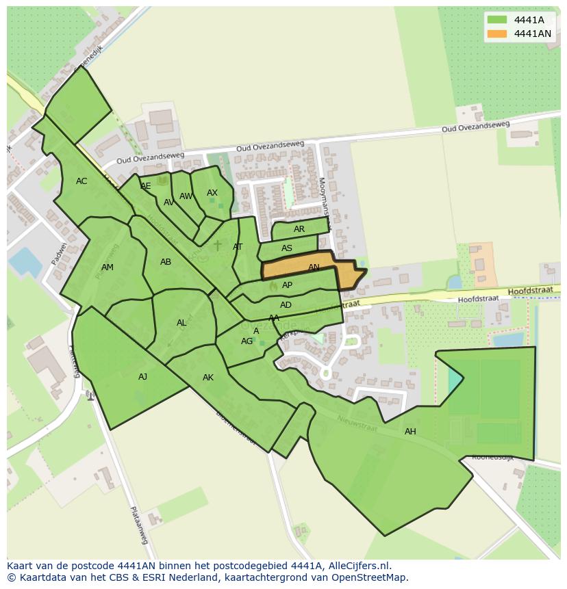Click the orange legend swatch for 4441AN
497,34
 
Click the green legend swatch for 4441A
497,19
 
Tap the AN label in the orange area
314,267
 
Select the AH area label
410,431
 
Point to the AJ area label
142,376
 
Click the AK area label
208,377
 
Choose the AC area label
81,181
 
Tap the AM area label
108,267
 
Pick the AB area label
166,262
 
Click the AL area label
181,323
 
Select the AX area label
212,193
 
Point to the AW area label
186,196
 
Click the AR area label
299,229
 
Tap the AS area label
287,248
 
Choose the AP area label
287,285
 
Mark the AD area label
286,305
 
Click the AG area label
247,341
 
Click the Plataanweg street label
139,525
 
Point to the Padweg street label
60,254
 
